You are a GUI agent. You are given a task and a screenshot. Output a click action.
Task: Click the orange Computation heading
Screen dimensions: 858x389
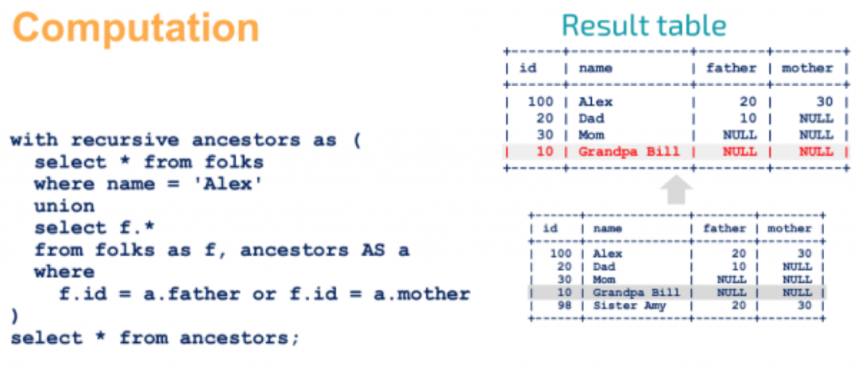(x=136, y=27)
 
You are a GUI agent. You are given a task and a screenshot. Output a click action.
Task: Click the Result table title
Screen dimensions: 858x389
(x=644, y=25)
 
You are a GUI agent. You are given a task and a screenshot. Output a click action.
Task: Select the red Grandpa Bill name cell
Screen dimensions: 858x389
(x=628, y=151)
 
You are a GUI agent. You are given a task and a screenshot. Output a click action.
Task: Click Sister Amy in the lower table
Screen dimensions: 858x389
(x=629, y=305)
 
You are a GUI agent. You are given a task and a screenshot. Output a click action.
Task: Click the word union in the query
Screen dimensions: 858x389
(x=64, y=206)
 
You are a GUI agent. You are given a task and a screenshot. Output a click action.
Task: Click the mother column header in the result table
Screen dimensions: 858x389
(x=807, y=68)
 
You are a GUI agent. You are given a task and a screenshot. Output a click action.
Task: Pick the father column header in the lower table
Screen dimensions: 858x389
(x=725, y=228)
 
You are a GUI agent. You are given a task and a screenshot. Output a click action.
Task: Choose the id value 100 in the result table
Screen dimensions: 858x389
(x=541, y=102)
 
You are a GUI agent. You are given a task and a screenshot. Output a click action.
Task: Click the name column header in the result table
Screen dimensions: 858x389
(x=595, y=68)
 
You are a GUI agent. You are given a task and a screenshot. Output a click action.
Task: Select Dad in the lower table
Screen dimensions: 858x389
(x=604, y=266)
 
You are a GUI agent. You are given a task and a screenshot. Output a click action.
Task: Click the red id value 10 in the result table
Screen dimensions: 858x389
(x=545, y=151)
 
